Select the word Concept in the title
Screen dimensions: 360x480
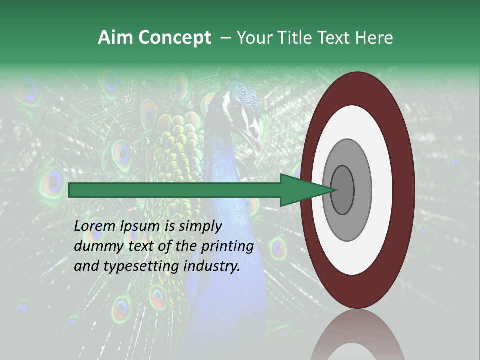click(174, 38)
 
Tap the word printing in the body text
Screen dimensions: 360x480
click(227, 246)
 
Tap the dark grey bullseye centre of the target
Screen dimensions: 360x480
click(343, 190)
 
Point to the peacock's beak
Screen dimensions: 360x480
click(256, 142)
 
